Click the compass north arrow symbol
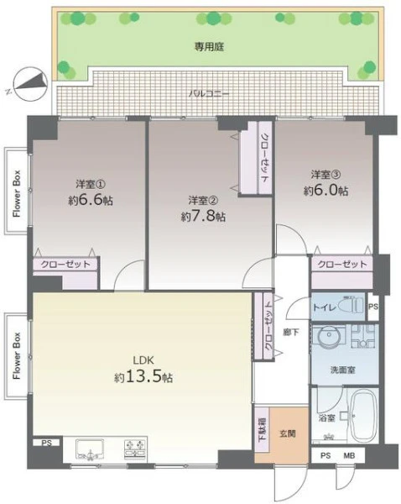(31, 81)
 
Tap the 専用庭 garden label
(209, 47)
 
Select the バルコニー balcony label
(209, 94)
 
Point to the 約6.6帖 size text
(91, 200)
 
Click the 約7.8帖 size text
(203, 217)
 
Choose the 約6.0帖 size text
(325, 191)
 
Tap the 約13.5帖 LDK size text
(143, 376)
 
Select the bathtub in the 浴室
(364, 416)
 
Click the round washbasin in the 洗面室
(329, 335)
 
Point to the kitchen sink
(90, 449)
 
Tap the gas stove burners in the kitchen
(135, 449)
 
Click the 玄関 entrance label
(288, 433)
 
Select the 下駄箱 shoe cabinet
(263, 430)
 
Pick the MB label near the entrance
(349, 455)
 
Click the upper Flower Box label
(17, 193)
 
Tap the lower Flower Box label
(17, 355)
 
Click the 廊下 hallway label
(291, 332)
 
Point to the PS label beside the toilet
(373, 307)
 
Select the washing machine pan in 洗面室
(363, 337)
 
